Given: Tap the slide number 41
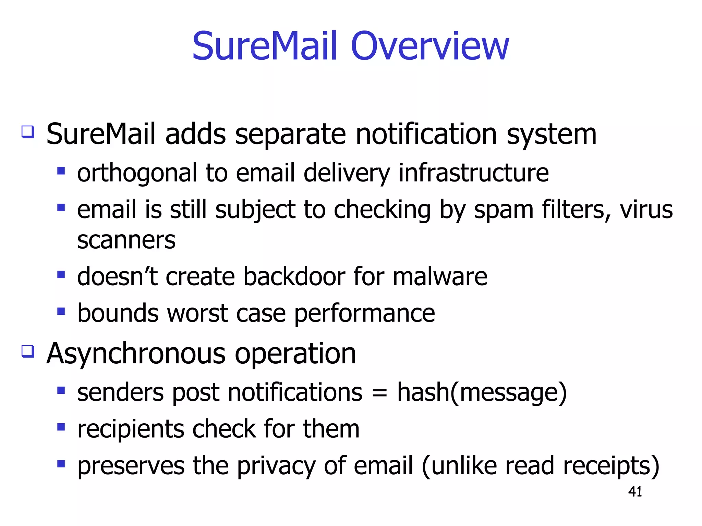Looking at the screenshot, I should tap(635, 492).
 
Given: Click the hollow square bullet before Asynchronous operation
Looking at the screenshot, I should tap(28, 351).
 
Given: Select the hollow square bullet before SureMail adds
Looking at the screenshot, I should tap(28, 132).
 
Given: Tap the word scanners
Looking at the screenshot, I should tap(126, 240).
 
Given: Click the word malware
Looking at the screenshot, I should tap(440, 276).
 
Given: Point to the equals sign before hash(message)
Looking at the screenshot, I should tap(379, 393).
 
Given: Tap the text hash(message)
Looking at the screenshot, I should tap(482, 393).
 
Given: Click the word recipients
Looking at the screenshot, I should tap(131, 430).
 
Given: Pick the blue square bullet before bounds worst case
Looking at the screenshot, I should tap(61, 311).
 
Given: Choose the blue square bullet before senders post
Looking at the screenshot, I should tap(61, 390).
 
